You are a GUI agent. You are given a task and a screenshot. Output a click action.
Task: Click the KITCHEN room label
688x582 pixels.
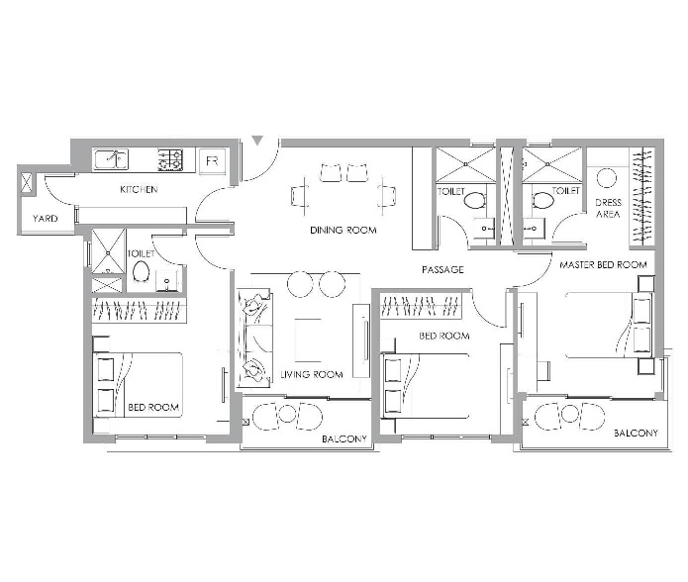pyautogui.click(x=139, y=189)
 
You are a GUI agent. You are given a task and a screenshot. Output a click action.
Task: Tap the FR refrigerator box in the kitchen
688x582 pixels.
pyautogui.click(x=211, y=159)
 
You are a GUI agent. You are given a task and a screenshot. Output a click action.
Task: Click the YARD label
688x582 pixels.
pyautogui.click(x=46, y=218)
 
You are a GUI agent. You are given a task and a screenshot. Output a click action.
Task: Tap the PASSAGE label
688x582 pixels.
pyautogui.click(x=442, y=269)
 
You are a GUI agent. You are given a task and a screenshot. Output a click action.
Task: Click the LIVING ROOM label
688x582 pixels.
pyautogui.click(x=311, y=374)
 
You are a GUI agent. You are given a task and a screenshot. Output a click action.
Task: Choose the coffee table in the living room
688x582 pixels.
pyautogui.click(x=308, y=338)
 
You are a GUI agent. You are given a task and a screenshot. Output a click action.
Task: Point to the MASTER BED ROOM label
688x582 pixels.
pyautogui.click(x=603, y=265)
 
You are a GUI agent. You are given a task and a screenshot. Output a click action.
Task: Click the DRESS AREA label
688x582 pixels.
pyautogui.click(x=609, y=208)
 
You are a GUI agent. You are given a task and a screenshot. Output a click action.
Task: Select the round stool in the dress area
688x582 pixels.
pyautogui.click(x=607, y=178)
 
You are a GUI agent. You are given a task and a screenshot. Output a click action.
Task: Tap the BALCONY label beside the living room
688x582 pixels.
pyautogui.click(x=344, y=437)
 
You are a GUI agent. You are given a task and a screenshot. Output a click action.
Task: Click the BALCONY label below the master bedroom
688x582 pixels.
pyautogui.click(x=635, y=434)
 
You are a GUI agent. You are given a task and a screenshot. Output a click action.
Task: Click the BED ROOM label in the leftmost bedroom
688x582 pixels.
pyautogui.click(x=153, y=407)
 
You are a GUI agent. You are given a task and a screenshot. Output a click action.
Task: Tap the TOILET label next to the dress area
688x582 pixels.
pyautogui.click(x=566, y=190)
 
